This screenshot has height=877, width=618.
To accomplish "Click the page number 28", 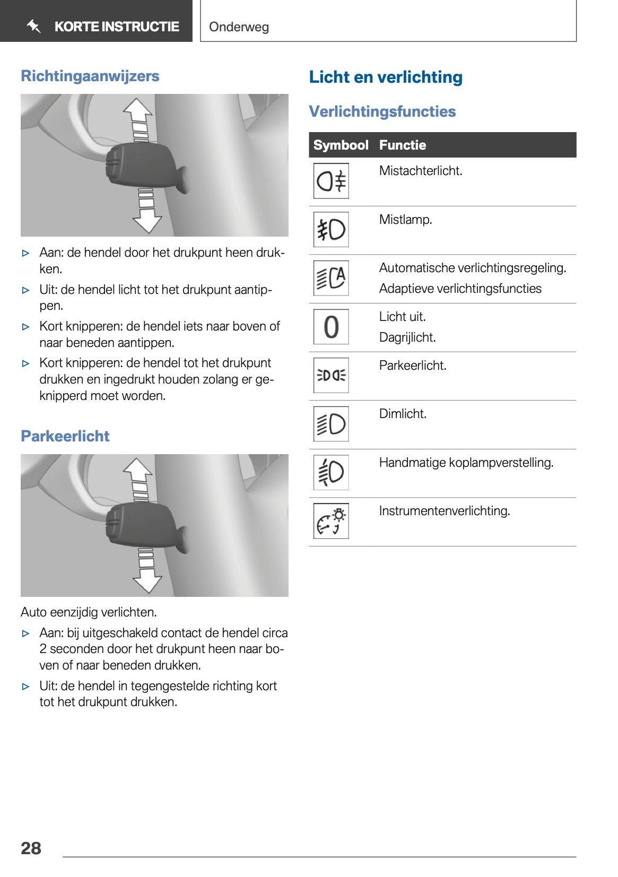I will (x=31, y=848).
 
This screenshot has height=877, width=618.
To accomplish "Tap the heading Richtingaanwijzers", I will (x=90, y=76).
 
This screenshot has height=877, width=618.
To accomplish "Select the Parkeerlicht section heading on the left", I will (x=65, y=436).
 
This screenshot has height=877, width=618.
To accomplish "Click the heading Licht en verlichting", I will (x=386, y=77).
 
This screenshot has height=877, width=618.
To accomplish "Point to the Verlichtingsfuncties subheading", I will (x=382, y=111).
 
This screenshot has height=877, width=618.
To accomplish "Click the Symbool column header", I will (x=341, y=145).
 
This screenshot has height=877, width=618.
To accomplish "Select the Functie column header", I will (x=402, y=145).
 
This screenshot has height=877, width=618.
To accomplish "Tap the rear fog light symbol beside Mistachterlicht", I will (x=331, y=181).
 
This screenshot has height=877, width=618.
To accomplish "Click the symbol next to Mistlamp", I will (x=331, y=230).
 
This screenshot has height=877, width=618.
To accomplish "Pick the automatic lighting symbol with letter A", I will (x=331, y=278).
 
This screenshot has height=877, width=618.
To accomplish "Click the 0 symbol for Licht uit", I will (x=331, y=327).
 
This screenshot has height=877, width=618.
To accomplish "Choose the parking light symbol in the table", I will (x=331, y=376).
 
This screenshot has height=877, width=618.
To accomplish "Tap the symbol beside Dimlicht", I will (x=331, y=424).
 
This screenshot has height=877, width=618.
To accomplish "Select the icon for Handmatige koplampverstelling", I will (x=331, y=472).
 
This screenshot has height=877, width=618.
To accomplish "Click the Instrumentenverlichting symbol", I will (x=331, y=521).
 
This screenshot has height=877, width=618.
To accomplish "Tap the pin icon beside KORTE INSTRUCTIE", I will (x=34, y=26).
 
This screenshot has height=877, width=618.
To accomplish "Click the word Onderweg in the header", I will (x=239, y=27).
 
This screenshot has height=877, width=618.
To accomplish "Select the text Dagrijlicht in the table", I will (x=407, y=337).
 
